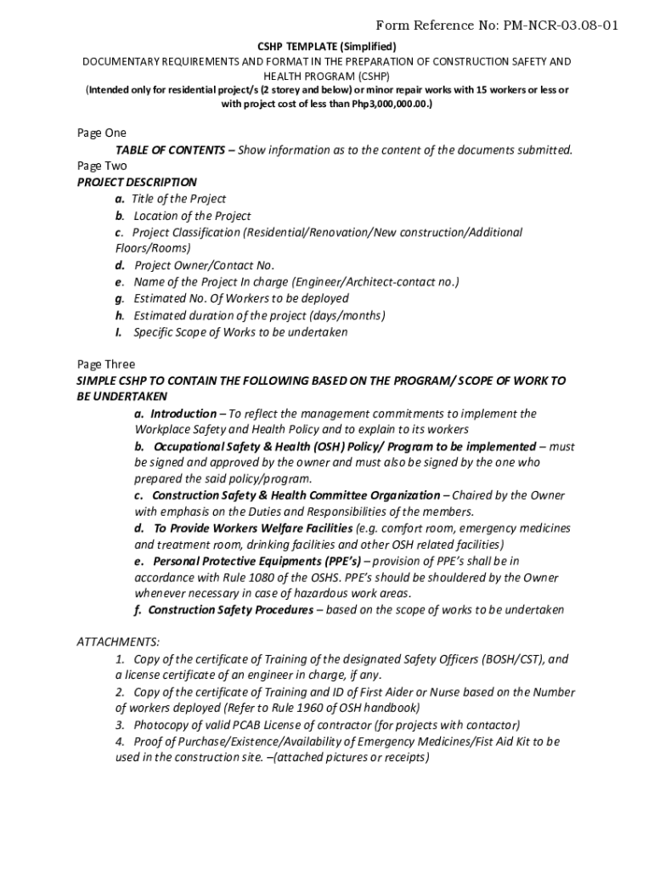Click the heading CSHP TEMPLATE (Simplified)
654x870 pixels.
click(x=327, y=46)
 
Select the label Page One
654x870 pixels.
click(x=101, y=133)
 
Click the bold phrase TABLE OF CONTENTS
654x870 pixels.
click(x=170, y=150)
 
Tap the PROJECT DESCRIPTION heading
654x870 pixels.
click(x=137, y=182)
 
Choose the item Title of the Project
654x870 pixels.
click(x=178, y=199)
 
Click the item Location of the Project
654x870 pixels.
click(x=192, y=216)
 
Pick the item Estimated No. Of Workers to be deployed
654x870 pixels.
click(x=240, y=298)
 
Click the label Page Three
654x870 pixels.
click(x=105, y=364)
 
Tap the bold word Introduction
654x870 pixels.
click(x=183, y=414)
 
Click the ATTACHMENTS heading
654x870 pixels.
click(x=118, y=641)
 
